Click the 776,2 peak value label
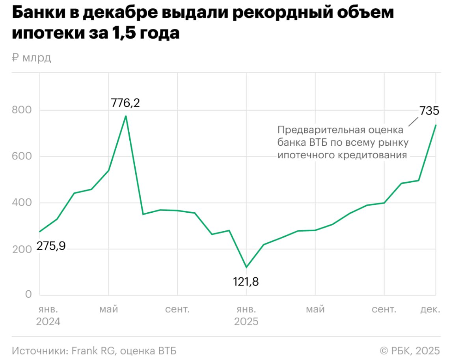(125, 103)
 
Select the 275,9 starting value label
(51, 247)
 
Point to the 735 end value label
(429, 111)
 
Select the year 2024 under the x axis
(48, 322)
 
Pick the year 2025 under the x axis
(246, 322)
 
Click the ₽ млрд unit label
(32, 58)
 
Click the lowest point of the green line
(246, 267)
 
